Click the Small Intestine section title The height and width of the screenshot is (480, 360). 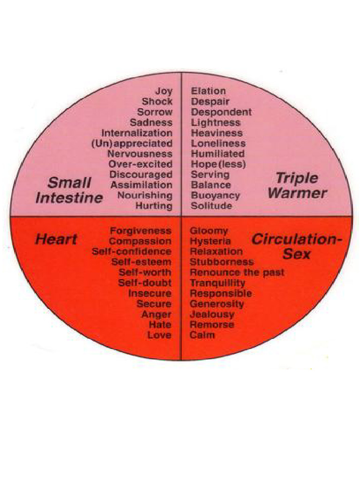69,190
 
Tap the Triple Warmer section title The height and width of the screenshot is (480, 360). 297,186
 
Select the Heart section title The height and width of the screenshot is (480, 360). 56,240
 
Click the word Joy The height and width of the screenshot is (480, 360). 164,91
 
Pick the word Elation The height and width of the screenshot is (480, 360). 208,91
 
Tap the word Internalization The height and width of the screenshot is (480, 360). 137,133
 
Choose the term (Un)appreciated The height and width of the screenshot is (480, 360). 132,143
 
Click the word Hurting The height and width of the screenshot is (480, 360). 154,206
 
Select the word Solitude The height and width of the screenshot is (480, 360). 211,206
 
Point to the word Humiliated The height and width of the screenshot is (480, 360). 217,154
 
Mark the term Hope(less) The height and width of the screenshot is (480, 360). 218,164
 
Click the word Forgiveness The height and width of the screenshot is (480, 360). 141,231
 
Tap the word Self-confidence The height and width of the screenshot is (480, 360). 132,252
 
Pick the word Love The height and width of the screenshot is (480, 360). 159,335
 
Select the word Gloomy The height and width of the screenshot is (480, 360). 209,231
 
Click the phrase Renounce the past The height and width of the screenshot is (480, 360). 237,272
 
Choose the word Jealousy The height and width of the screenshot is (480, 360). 212,314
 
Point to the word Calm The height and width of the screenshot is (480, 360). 202,335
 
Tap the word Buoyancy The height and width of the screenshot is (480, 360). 215,195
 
